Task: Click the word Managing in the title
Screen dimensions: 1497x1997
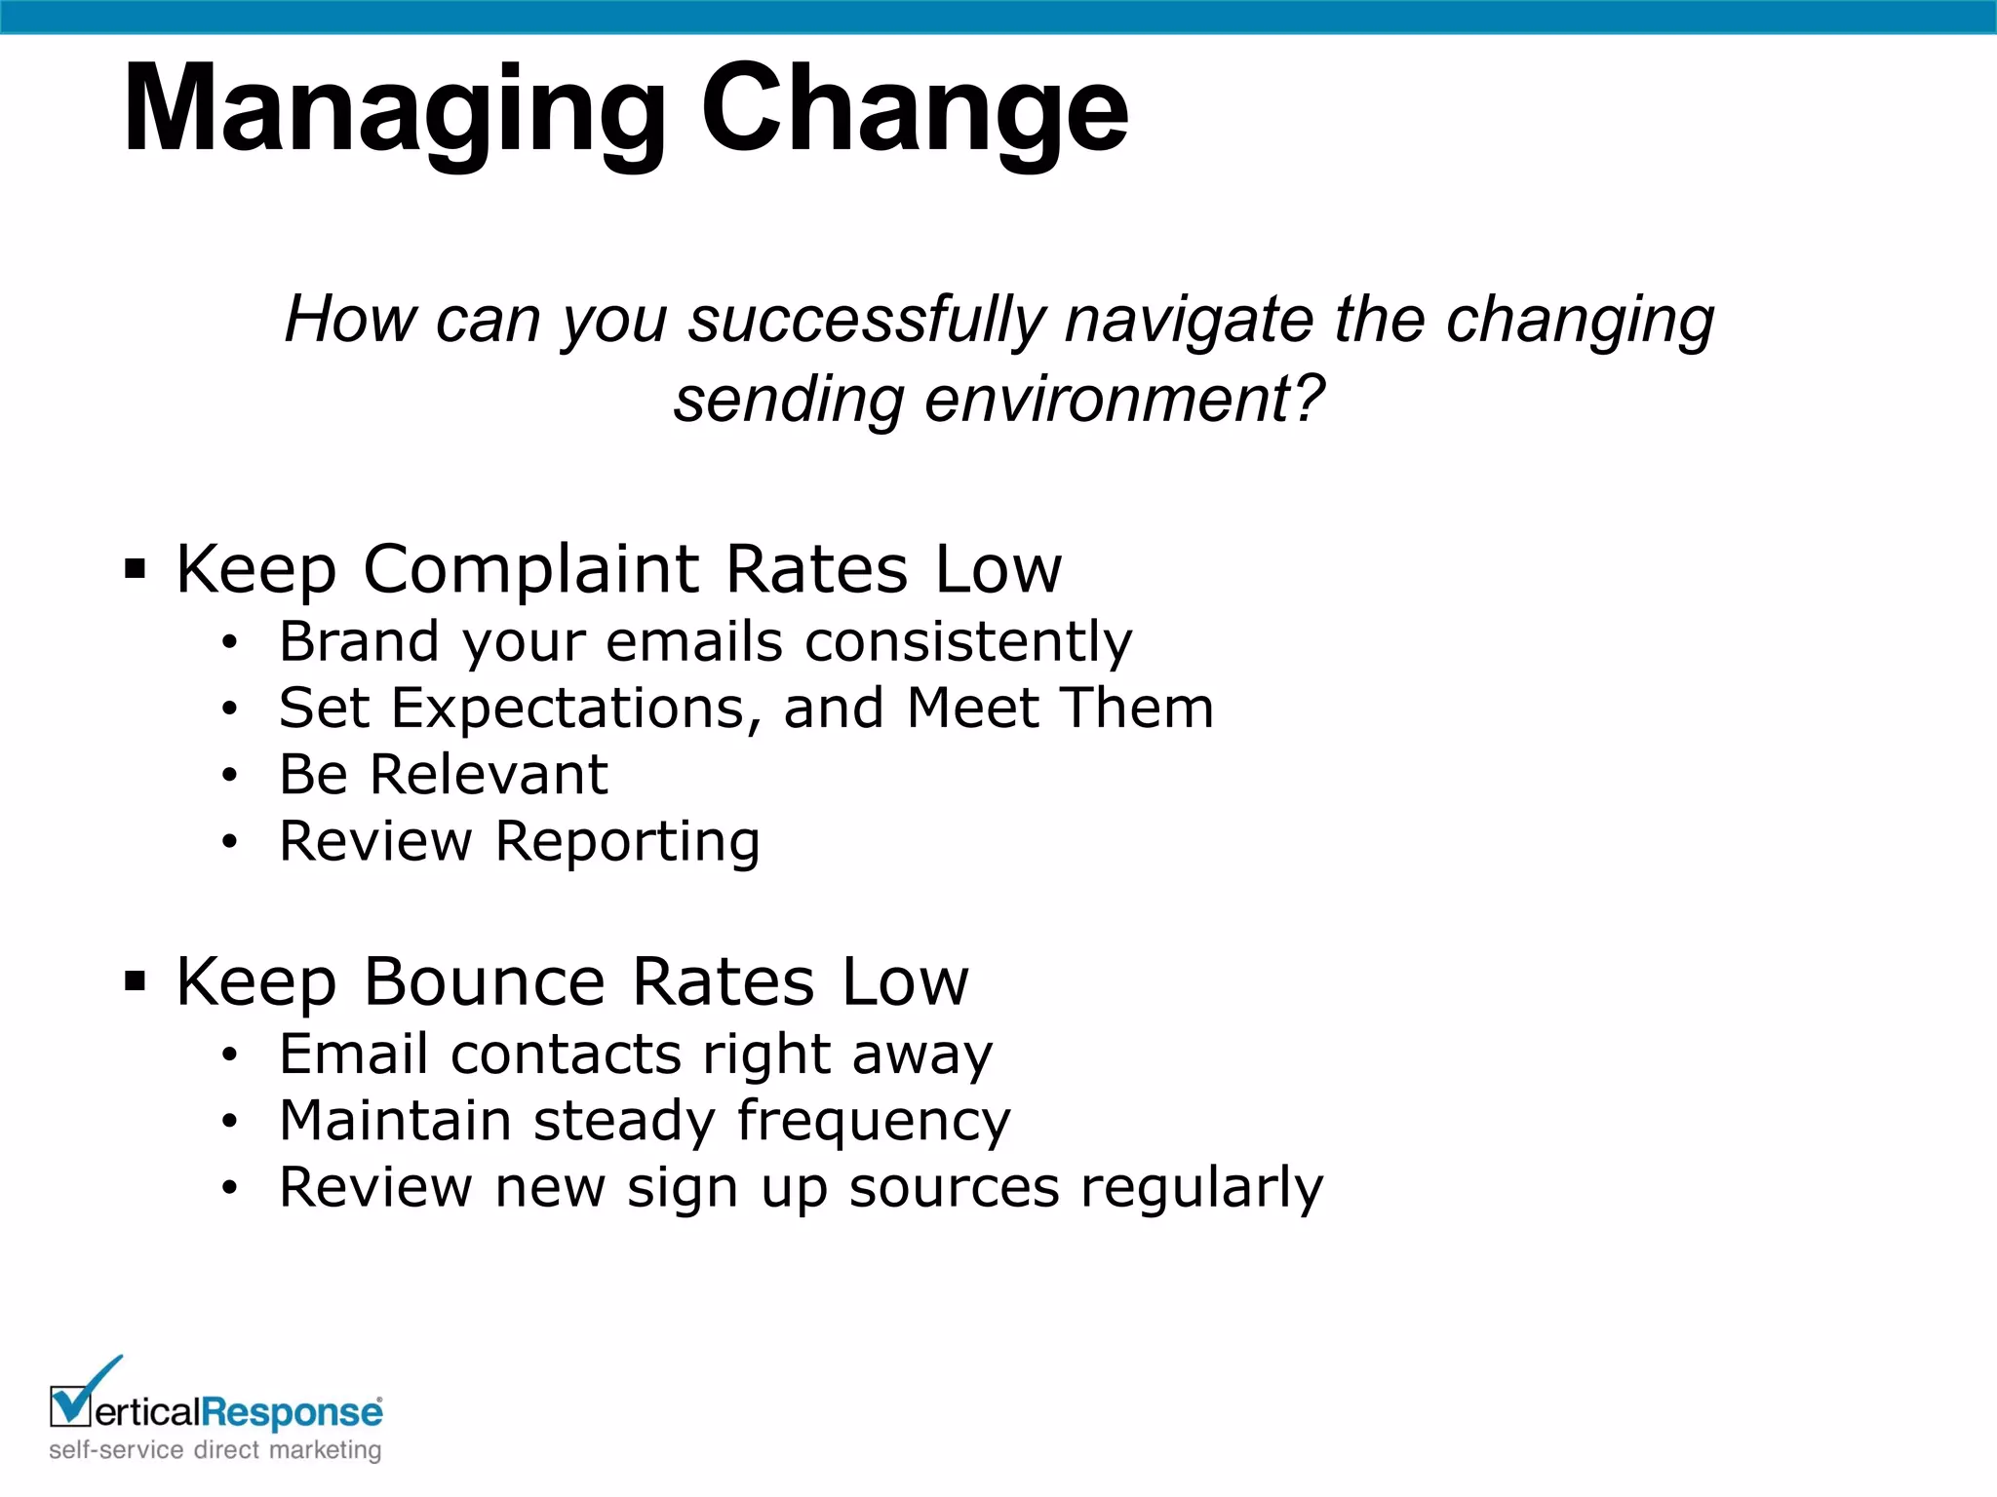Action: coord(394,110)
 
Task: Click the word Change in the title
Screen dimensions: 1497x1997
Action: coord(914,108)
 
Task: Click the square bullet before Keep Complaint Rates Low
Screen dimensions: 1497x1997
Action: coord(136,568)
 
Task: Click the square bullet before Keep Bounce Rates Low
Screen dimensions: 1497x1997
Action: coord(136,980)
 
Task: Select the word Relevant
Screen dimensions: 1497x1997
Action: coord(489,775)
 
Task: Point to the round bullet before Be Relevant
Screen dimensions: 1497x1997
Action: coord(229,776)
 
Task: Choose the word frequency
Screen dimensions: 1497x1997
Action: coord(874,1121)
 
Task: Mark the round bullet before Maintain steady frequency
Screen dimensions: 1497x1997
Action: coord(229,1122)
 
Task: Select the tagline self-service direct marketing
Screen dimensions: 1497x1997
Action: coord(215,1450)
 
